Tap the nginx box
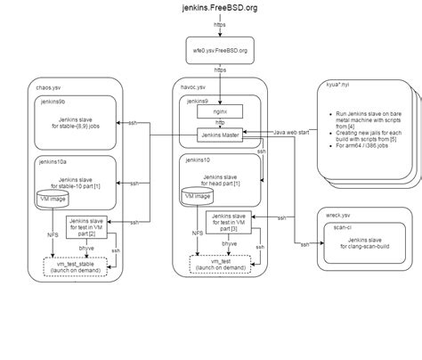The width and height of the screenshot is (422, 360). pyautogui.click(x=223, y=112)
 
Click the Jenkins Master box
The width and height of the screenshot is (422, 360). pyautogui.click(x=223, y=136)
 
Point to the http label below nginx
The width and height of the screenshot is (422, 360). pyautogui.click(x=222, y=124)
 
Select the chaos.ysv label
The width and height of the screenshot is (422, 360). pyautogui.click(x=49, y=87)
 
